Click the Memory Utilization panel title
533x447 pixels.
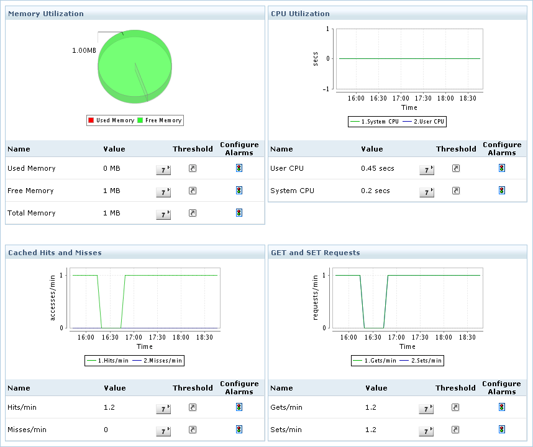[x=45, y=13]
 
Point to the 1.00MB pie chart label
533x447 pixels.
[x=84, y=50]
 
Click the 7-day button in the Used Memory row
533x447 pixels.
[x=163, y=170]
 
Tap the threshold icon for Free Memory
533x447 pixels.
[x=193, y=191]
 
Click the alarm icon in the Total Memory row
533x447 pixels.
[x=239, y=213]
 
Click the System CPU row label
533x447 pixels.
[x=292, y=191]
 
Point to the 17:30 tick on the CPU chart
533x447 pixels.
[x=424, y=98]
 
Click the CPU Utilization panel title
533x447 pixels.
[x=300, y=13]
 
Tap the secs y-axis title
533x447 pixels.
[x=316, y=59]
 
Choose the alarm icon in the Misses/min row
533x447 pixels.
[x=239, y=429]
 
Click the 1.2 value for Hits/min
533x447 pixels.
[x=110, y=407]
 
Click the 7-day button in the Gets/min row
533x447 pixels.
[x=426, y=409]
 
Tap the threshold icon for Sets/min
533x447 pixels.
[x=455, y=430]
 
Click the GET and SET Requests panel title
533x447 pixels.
[x=315, y=253]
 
